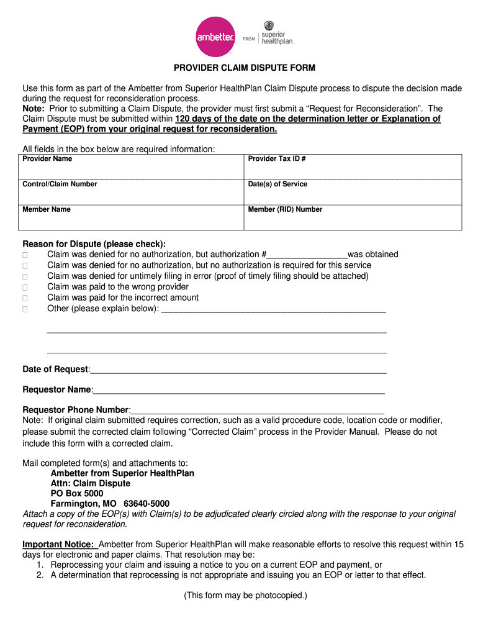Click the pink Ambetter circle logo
tap(215, 37)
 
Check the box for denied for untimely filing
tap(25, 276)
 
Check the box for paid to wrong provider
tap(25, 288)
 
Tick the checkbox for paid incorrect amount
tap(25, 298)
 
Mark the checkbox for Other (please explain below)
tap(25, 309)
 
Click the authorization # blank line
tap(307, 255)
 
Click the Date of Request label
tap(56, 370)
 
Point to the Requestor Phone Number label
tap(76, 410)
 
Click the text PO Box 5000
tap(77, 493)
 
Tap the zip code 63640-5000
tap(147, 504)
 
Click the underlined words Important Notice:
tap(59, 545)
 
